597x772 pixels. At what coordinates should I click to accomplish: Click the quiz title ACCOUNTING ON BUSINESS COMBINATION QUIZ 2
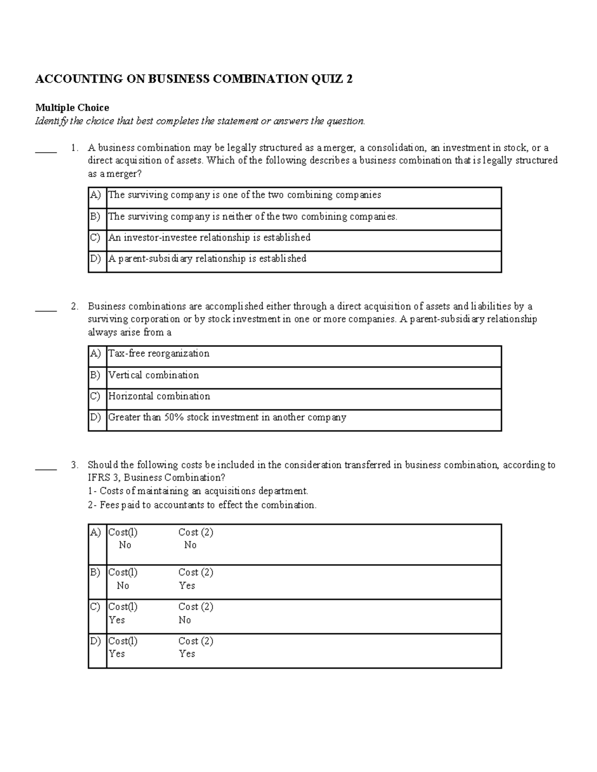click(x=194, y=79)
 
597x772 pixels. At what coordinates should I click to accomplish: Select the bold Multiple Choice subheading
click(x=72, y=108)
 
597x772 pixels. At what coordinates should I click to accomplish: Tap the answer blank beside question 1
click(x=46, y=149)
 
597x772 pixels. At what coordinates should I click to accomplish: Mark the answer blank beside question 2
click(x=46, y=307)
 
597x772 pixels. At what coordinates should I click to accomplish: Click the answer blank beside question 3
click(x=46, y=466)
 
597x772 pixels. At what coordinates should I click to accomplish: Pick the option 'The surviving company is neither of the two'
click(x=253, y=217)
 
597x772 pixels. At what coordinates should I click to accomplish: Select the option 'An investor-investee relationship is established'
click(x=209, y=238)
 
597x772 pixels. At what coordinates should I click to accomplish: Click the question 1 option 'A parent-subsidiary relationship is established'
click(x=207, y=258)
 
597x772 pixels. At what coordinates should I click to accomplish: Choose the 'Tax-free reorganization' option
click(x=159, y=353)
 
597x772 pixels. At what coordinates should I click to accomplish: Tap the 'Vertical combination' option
click(x=154, y=375)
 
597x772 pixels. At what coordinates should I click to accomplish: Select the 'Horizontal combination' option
click(x=159, y=396)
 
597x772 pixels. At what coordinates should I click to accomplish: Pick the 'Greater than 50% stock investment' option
click(x=227, y=418)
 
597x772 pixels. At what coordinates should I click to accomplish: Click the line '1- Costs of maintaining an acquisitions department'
click(x=198, y=491)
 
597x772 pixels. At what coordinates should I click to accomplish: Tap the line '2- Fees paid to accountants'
click(x=202, y=505)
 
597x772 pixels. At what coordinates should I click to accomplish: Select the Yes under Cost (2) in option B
click(x=187, y=586)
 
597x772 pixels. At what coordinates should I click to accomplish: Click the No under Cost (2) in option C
click(x=185, y=620)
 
